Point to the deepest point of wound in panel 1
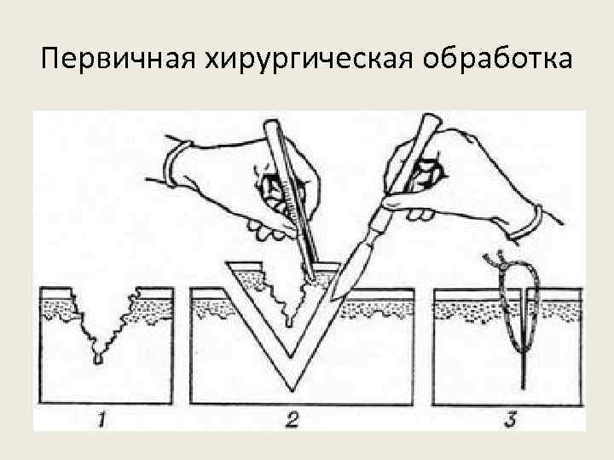pos(98,359)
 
